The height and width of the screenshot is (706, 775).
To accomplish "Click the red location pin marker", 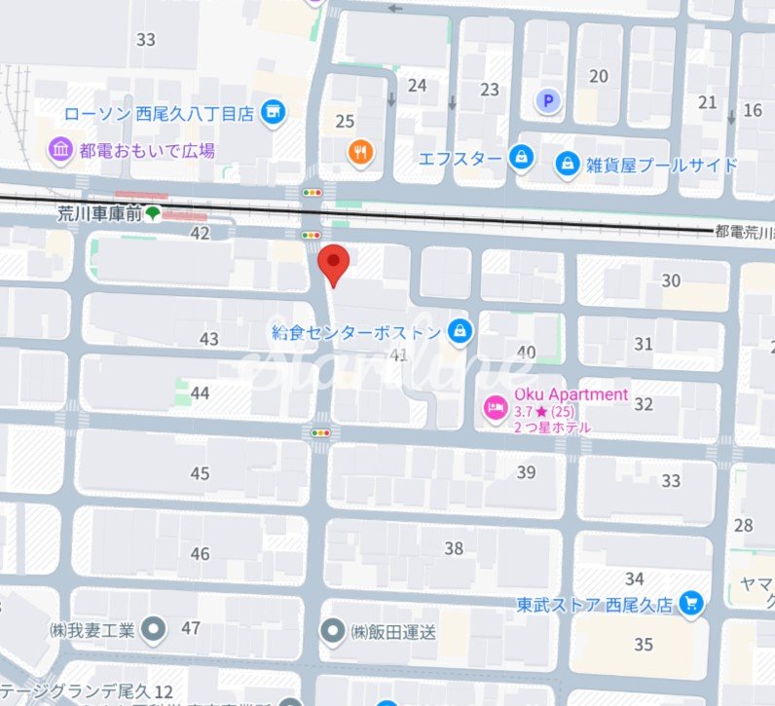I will [334, 264].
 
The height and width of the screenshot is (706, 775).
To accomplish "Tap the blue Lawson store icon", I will [274, 113].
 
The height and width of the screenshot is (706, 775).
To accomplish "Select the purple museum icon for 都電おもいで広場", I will [61, 150].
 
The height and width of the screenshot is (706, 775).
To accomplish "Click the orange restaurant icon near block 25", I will [360, 150].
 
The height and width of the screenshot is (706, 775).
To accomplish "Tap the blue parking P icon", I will [549, 100].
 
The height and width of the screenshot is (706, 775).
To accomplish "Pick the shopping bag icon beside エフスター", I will [522, 158].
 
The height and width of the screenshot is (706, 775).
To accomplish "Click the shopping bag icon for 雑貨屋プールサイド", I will [567, 165].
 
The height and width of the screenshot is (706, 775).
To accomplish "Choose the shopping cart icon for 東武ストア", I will [690, 604].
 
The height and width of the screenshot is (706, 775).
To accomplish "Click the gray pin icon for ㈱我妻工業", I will [153, 629].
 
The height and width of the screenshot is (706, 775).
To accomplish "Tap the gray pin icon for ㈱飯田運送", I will [334, 631].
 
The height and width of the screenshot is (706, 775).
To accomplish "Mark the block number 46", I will [200, 554].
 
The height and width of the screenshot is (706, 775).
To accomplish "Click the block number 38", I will [454, 548].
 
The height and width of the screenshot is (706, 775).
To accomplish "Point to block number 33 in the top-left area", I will [146, 40].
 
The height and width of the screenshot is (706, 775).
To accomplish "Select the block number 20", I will [599, 76].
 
